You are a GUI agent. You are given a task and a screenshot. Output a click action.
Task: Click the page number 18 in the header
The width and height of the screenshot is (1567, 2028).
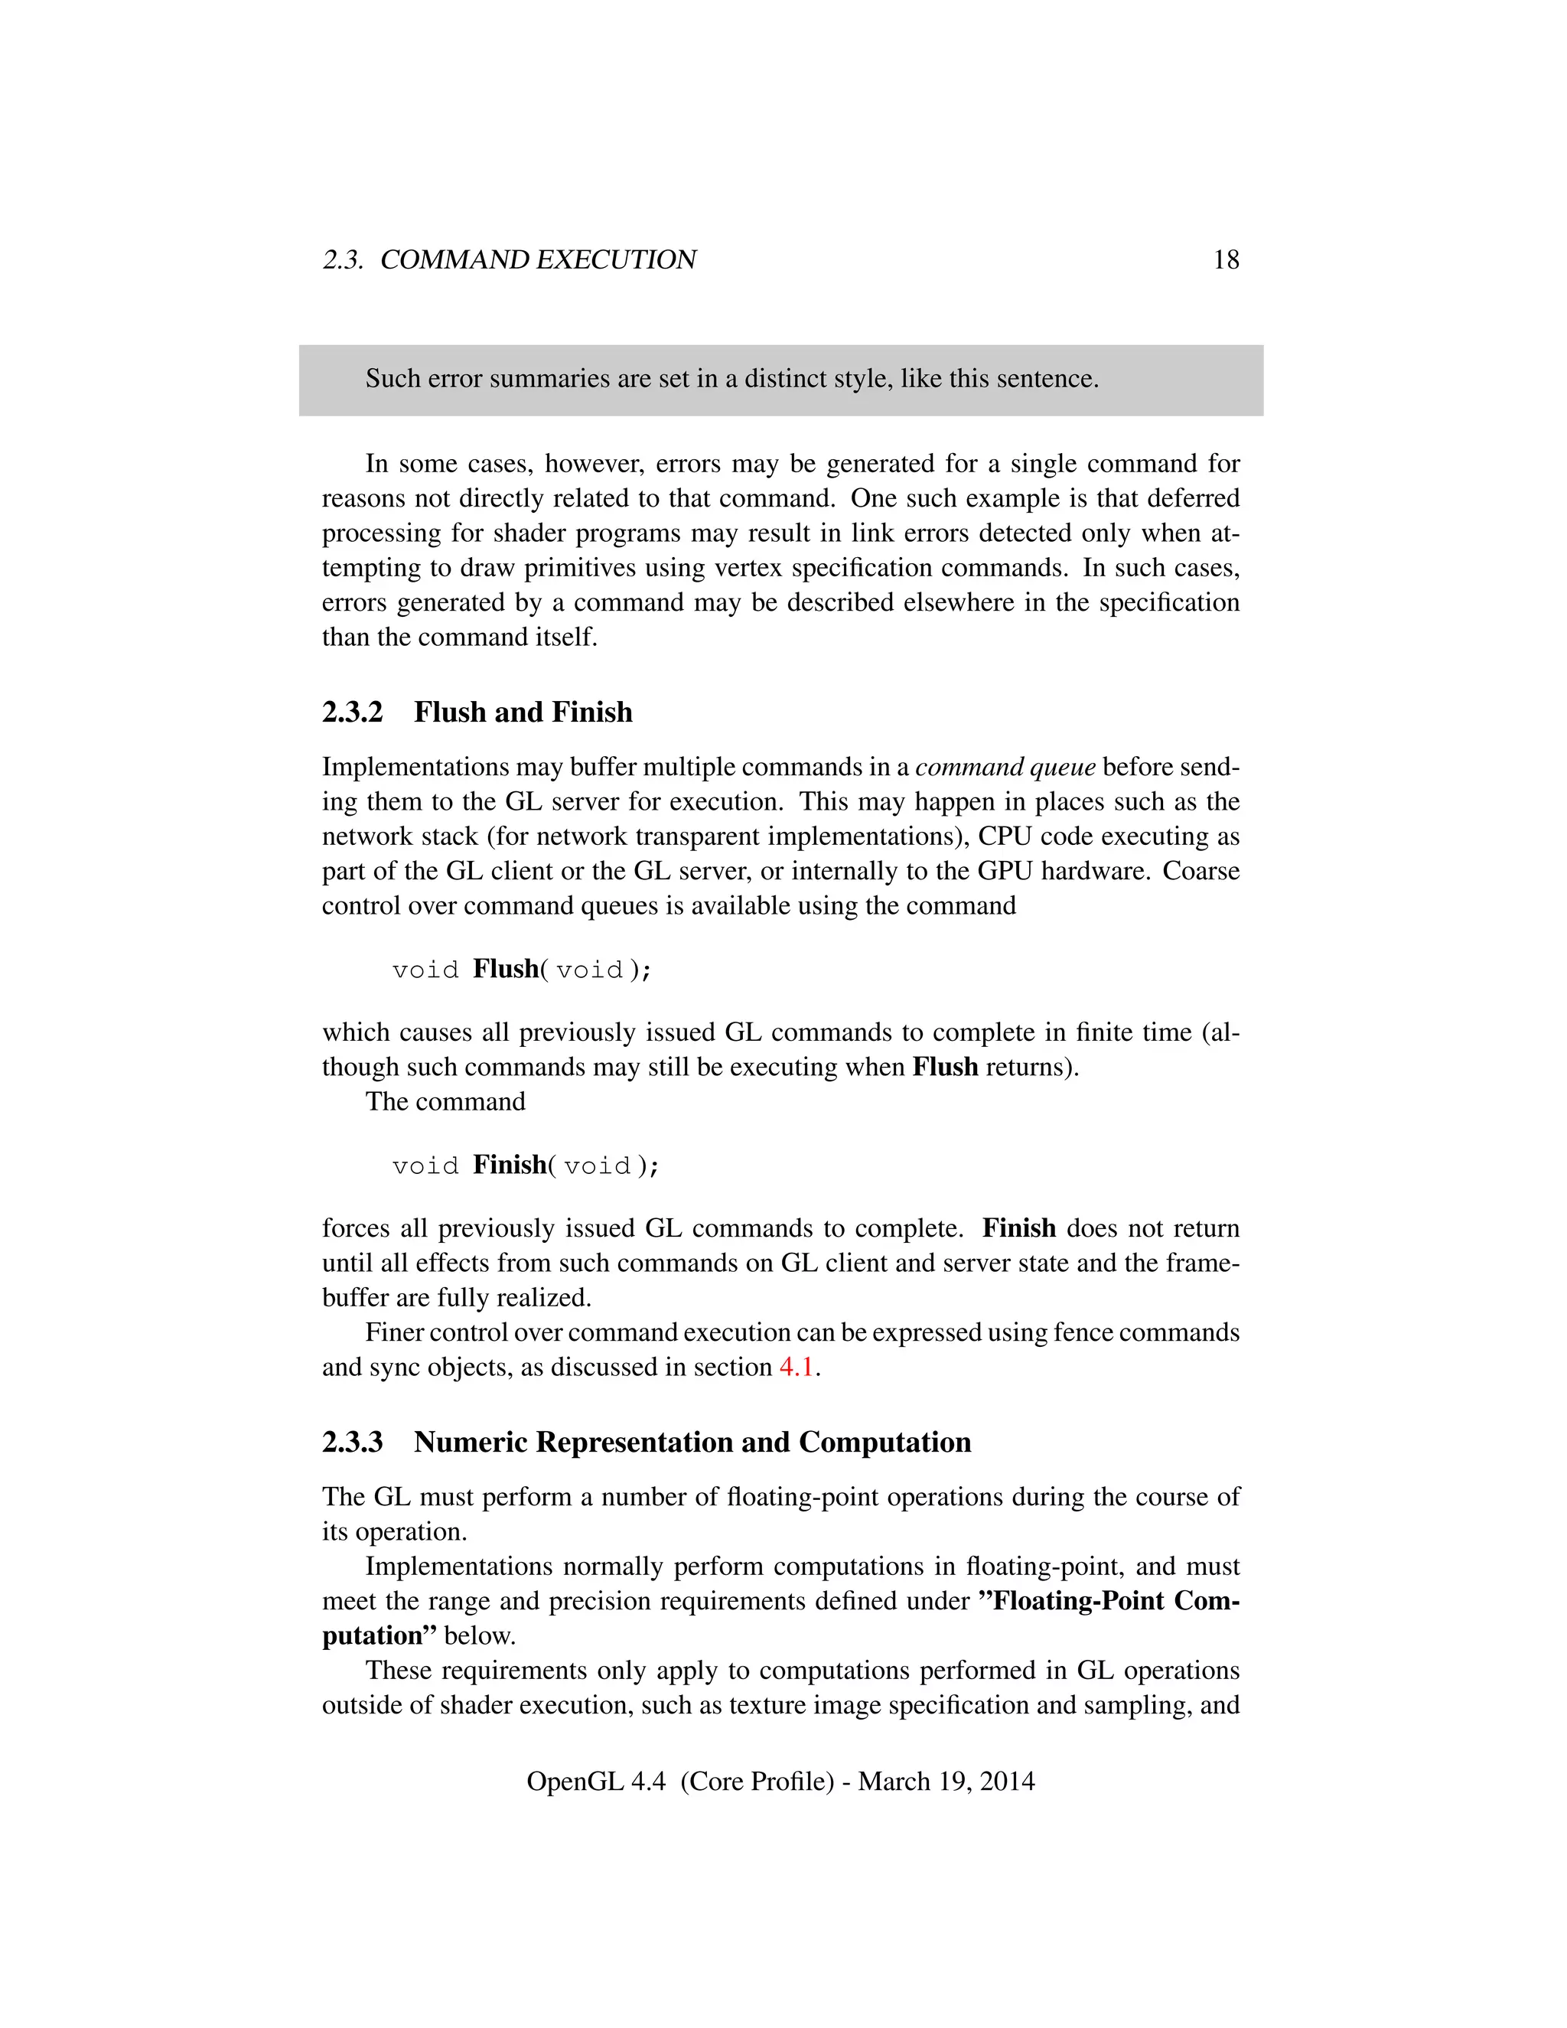pyautogui.click(x=1226, y=260)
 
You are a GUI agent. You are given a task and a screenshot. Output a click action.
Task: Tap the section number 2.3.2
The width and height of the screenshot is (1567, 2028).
pyautogui.click(x=352, y=712)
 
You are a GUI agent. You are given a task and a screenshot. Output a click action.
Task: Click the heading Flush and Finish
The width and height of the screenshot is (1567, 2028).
pyautogui.click(x=523, y=712)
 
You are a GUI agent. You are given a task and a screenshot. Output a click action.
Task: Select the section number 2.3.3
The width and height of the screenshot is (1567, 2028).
pyautogui.click(x=352, y=1442)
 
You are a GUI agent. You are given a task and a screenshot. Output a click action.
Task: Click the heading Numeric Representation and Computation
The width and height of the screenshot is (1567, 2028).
pyautogui.click(x=692, y=1442)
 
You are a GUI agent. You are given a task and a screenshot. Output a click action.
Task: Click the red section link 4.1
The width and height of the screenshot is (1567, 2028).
pyautogui.click(x=796, y=1367)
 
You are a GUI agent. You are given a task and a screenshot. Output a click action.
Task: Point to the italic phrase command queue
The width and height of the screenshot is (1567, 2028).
pyautogui.click(x=1005, y=767)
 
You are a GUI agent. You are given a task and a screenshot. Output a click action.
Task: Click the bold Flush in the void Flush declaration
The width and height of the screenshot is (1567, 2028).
pyautogui.click(x=505, y=969)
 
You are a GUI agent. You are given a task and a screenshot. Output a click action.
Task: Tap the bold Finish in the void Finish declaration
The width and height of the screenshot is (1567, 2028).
pyautogui.click(x=509, y=1165)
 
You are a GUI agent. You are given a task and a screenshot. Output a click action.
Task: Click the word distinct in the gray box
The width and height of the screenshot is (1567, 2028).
pyautogui.click(x=789, y=379)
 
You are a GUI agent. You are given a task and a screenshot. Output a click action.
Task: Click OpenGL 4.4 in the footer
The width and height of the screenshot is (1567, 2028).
pyautogui.click(x=595, y=1781)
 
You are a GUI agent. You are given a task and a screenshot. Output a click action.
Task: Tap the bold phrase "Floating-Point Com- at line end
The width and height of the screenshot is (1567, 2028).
pyautogui.click(x=1109, y=1601)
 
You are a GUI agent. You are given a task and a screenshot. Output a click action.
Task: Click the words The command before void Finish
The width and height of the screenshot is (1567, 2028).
pyautogui.click(x=445, y=1101)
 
